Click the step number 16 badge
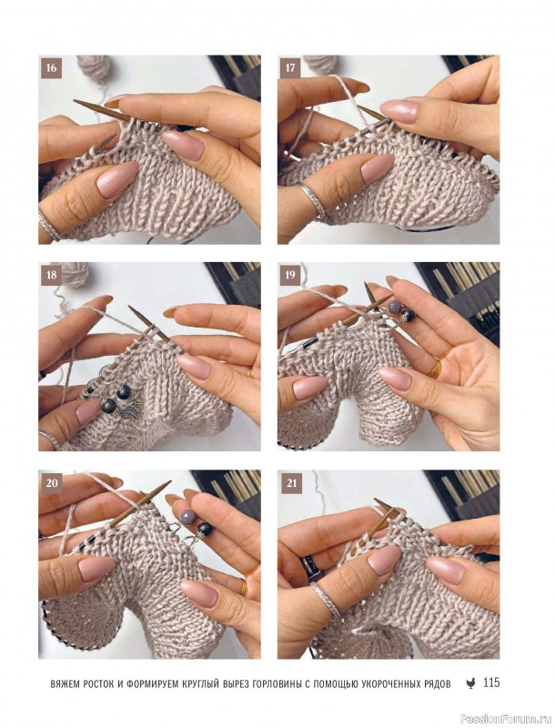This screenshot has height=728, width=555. pos(51,68)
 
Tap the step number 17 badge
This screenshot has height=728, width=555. pos(290,68)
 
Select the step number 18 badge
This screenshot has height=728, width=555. pos(51,275)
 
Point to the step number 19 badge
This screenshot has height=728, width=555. pos(290,275)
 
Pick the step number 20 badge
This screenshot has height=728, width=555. pos(52,483)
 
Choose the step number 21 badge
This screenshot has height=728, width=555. pos(291,483)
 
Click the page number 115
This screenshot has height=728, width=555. pos(491,683)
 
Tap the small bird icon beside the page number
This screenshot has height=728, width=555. pos(470,683)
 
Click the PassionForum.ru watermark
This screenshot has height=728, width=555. pos(517,719)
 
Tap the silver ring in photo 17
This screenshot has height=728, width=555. pos(311,199)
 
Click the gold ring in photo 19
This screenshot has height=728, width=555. pos(435,369)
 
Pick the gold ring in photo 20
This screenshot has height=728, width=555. pos(243,588)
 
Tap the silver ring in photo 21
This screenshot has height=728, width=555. pos(325,598)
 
